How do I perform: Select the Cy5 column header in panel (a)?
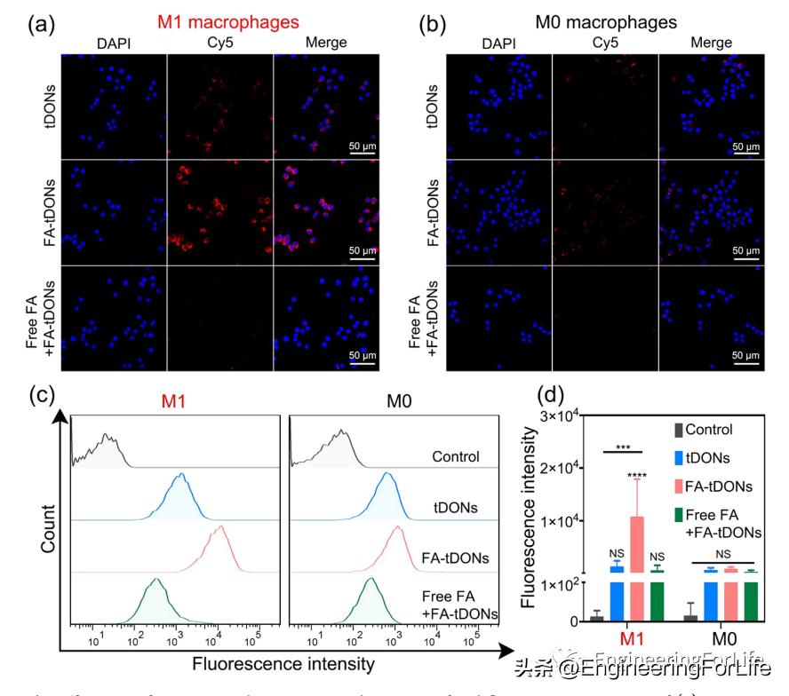click(x=219, y=42)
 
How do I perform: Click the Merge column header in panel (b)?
click(x=711, y=42)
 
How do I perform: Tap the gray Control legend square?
click(x=680, y=430)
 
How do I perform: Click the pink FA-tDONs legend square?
click(x=680, y=486)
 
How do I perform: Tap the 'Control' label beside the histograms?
click(x=456, y=456)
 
